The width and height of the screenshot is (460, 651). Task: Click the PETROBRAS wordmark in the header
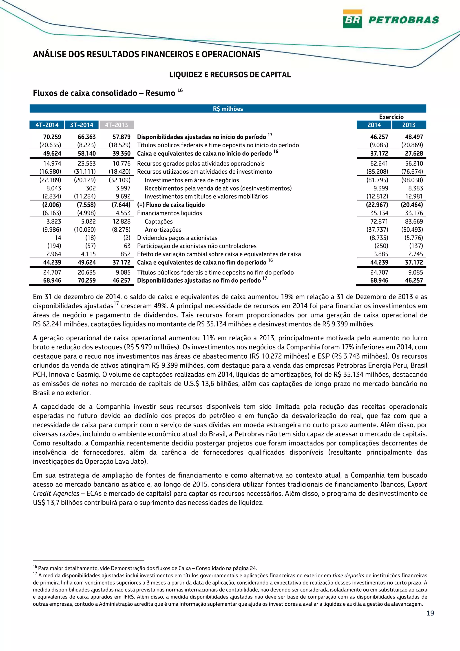pos(403,20)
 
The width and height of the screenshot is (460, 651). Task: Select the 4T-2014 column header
pos(47,125)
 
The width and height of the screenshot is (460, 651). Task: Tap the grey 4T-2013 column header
pos(117,125)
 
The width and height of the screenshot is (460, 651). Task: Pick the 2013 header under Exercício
pos(409,125)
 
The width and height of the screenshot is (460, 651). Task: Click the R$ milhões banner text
pos(228,108)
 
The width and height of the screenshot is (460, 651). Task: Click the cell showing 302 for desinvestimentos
pos(91,188)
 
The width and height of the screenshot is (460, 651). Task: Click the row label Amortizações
pos(163,230)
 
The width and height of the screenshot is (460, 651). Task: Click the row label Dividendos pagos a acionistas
pos(177,238)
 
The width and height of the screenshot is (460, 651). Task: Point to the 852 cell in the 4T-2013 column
pos(125,254)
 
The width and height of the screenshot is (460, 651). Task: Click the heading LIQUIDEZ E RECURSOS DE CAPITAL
pos(230,75)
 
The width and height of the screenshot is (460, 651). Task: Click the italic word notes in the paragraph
pos(90,384)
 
